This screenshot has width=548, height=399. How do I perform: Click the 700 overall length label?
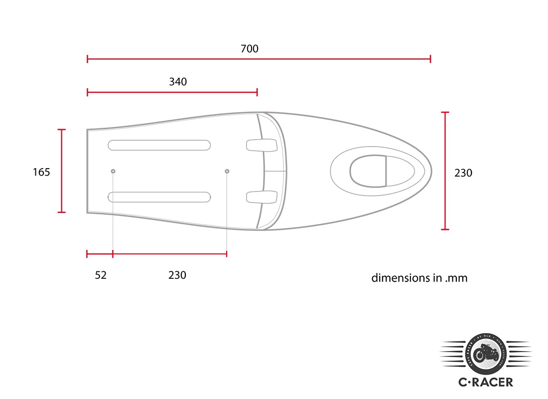point(250,49)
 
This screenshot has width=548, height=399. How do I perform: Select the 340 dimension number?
point(178,82)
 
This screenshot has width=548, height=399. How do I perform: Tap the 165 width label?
point(41,173)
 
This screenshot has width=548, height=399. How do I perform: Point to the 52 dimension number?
point(101,275)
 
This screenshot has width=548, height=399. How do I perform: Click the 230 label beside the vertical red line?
point(463,173)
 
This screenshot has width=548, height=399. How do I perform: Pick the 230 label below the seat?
point(177,275)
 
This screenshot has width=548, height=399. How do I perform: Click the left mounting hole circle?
point(113,172)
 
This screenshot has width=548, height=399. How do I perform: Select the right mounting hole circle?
point(227,172)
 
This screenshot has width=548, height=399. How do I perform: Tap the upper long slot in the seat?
point(159,145)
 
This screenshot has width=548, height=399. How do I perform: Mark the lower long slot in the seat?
point(159,197)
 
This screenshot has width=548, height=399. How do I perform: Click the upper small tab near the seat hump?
point(262,145)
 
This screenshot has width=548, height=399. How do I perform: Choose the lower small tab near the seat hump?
point(262,197)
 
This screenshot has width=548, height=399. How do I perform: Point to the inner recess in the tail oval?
point(369,171)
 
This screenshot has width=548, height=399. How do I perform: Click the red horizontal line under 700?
point(259,59)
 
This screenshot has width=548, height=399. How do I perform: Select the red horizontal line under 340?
point(172,92)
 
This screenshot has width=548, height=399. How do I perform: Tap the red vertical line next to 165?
point(62,171)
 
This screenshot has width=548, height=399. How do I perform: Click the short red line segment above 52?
point(100,254)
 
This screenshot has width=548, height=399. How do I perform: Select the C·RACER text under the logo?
point(485,383)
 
